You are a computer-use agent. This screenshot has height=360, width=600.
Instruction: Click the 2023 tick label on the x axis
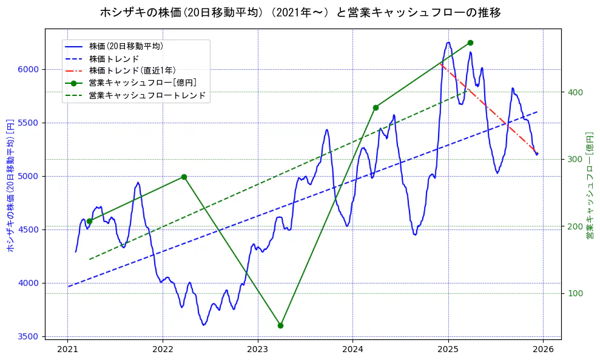[x=258, y=349]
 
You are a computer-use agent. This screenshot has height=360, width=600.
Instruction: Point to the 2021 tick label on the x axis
[x=67, y=349]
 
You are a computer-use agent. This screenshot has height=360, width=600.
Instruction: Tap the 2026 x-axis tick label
[x=543, y=349]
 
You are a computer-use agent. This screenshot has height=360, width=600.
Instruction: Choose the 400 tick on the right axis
[x=575, y=92]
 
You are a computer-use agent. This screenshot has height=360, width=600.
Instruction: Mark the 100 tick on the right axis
[x=575, y=294]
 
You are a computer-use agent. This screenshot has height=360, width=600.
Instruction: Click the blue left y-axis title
[x=10, y=185]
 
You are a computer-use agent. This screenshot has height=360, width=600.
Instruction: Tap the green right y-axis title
[x=589, y=185]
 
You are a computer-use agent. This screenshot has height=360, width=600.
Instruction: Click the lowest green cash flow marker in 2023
[x=280, y=325]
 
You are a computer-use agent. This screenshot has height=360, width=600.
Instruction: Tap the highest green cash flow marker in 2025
[x=470, y=42]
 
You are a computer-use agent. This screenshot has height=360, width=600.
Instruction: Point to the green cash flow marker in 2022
[x=184, y=177]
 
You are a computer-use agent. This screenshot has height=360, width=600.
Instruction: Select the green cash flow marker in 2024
[x=376, y=107]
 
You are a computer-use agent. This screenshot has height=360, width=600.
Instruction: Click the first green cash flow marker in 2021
[x=89, y=221]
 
